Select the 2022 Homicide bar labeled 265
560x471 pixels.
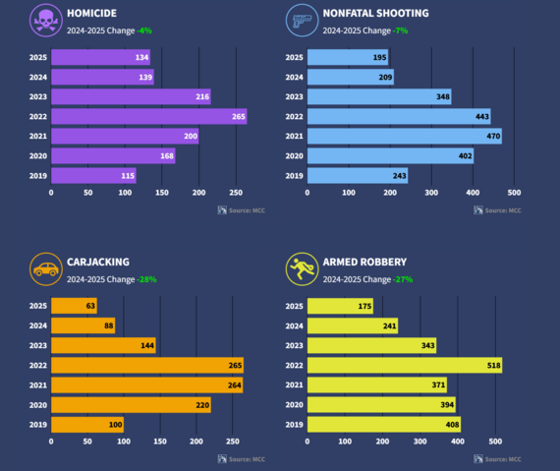click(x=148, y=117)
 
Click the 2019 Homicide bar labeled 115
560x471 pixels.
click(x=93, y=176)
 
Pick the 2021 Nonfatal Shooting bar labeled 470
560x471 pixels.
click(x=404, y=137)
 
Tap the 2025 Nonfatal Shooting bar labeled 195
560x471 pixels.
click(x=349, y=58)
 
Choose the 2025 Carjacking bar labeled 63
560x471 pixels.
click(x=74, y=307)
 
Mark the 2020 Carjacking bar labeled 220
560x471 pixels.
click(x=131, y=405)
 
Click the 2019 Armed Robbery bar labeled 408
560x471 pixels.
click(x=384, y=425)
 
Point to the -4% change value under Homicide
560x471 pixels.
click(x=145, y=30)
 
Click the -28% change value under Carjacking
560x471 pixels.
click(x=146, y=279)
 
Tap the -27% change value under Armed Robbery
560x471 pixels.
click(x=403, y=279)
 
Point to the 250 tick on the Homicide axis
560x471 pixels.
click(x=236, y=194)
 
